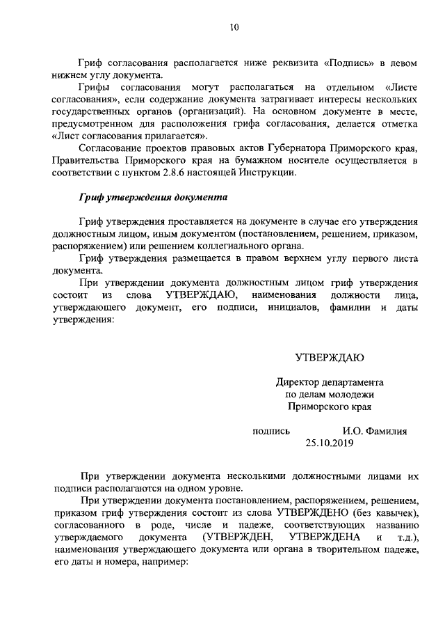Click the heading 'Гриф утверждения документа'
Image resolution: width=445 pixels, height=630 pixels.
153,197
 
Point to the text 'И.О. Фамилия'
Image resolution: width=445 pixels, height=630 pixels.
374,431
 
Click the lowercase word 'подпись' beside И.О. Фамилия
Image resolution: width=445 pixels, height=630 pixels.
271,431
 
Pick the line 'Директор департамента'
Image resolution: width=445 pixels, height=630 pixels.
329,382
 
